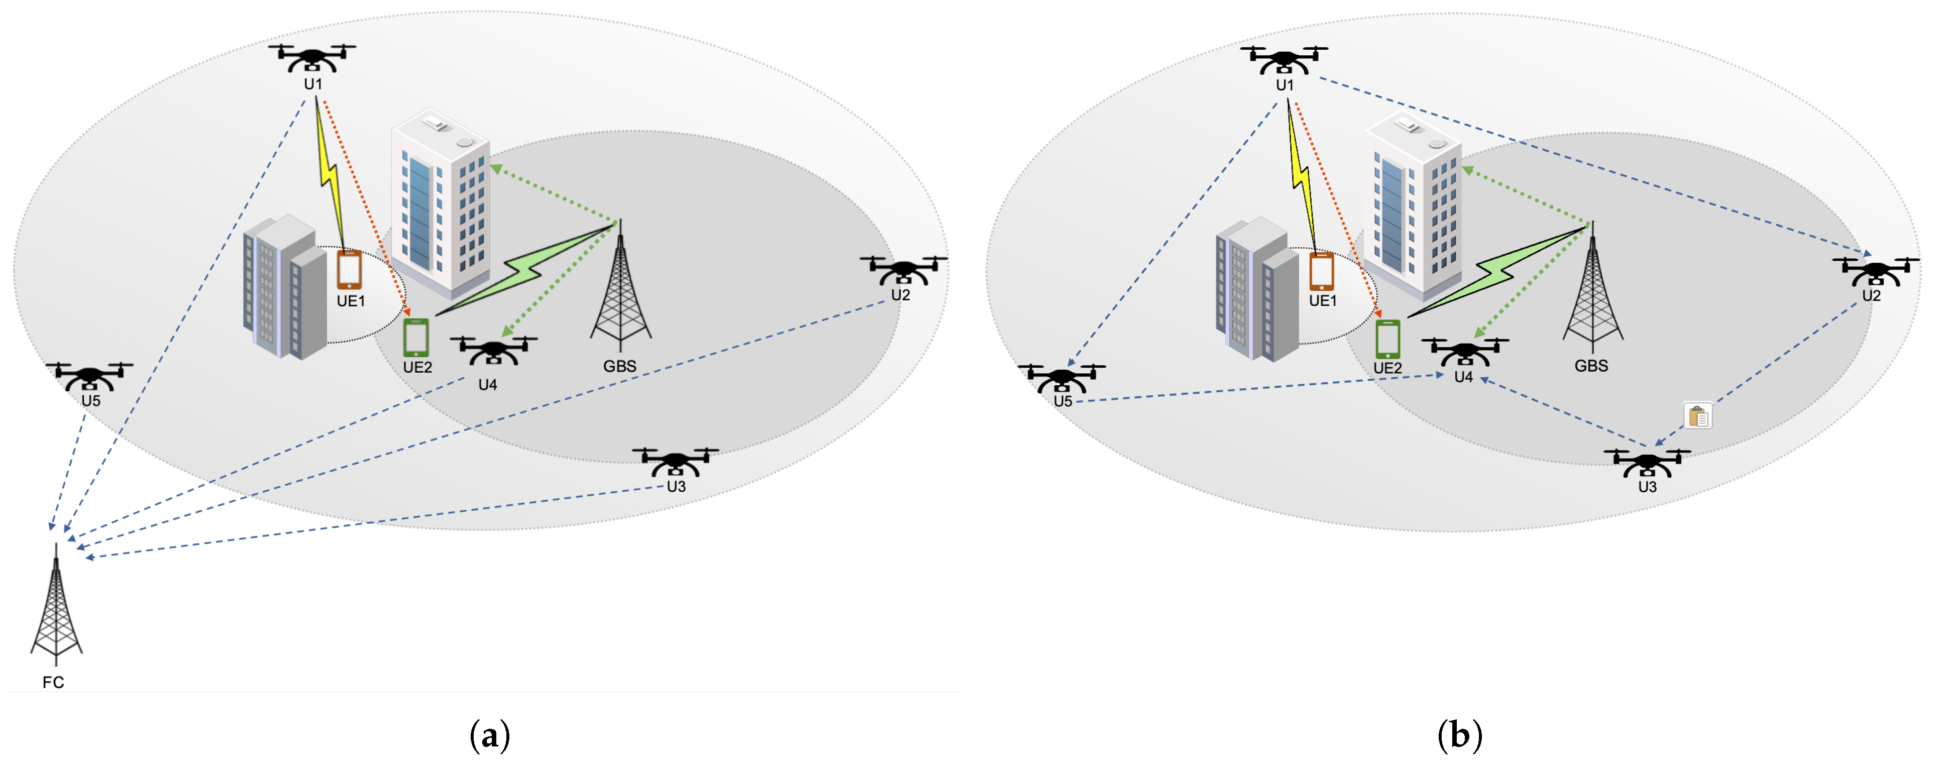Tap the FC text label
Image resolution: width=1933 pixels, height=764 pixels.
pyautogui.click(x=53, y=682)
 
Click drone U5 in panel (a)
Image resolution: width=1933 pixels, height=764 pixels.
pyautogui.click(x=89, y=376)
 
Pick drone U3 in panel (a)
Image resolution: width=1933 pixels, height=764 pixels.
pyautogui.click(x=675, y=462)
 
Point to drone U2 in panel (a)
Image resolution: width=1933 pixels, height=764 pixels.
pyautogui.click(x=904, y=270)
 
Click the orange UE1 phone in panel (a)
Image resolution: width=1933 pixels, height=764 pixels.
pyautogui.click(x=349, y=269)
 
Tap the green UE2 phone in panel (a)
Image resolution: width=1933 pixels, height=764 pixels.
pyautogui.click(x=416, y=338)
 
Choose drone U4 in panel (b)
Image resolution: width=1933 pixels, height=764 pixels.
pyautogui.click(x=1464, y=351)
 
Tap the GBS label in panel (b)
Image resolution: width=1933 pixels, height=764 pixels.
pyautogui.click(x=1591, y=366)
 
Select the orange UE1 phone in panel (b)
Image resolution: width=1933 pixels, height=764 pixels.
pyautogui.click(x=1322, y=271)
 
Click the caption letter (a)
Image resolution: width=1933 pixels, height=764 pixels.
pyautogui.click(x=489, y=735)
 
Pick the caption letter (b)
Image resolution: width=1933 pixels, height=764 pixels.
pyautogui.click(x=1459, y=735)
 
